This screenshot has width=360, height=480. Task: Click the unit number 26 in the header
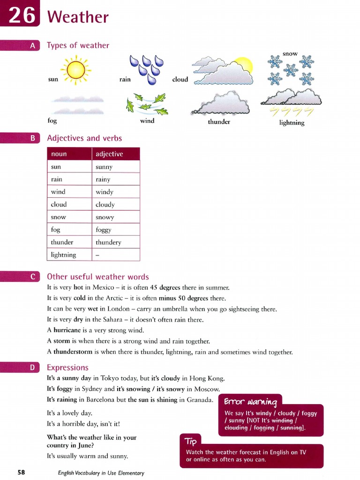coord(22,16)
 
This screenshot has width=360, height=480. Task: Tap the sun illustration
coord(76,70)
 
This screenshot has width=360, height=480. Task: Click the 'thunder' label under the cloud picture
coord(219,122)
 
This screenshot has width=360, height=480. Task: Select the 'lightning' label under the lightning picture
coord(292,123)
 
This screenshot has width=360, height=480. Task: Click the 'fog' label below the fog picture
coord(52,120)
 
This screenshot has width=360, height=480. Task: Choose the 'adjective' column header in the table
coord(109,154)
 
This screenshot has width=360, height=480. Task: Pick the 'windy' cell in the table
coord(105,192)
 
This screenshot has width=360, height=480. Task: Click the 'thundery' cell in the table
coord(108,242)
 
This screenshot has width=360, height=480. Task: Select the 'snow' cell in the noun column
coord(59,217)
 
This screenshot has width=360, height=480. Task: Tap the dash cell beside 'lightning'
coord(97,255)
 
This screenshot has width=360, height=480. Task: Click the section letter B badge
coord(33,138)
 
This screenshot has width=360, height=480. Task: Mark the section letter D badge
coord(33,368)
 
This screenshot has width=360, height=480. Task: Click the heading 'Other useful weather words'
coord(98,277)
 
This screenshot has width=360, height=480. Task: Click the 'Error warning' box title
coord(250,402)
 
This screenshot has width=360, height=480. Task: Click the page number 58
coord(22,472)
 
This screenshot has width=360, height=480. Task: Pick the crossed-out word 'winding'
coord(283,420)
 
